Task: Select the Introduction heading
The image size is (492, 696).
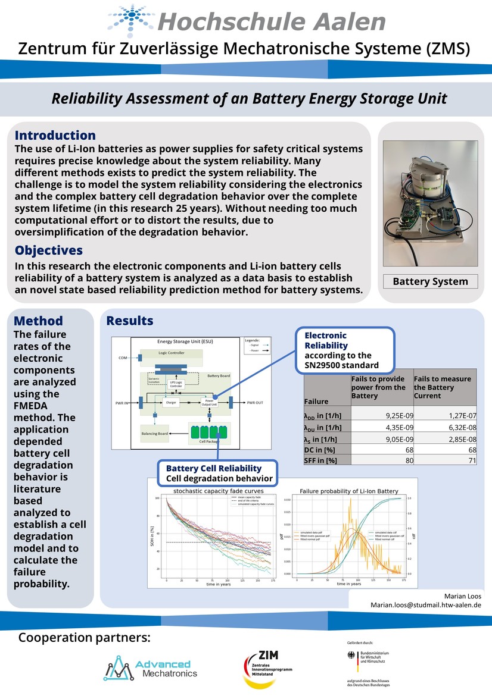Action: pos(55,136)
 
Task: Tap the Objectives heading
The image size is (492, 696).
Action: pos(49,250)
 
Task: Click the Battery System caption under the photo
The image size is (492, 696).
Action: pos(431,281)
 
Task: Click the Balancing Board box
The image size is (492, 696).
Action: pos(154,434)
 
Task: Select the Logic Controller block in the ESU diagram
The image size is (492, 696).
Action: pos(171,353)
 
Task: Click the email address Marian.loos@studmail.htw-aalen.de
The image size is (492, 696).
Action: pos(426,604)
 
